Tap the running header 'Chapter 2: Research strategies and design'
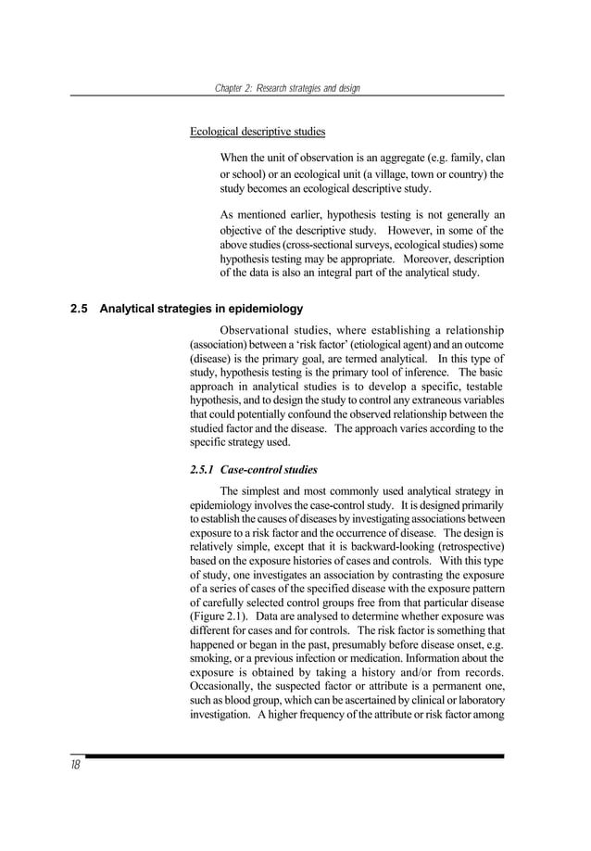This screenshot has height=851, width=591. pyautogui.click(x=287, y=88)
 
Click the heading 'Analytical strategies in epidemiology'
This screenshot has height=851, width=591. pyautogui.click(x=201, y=309)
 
